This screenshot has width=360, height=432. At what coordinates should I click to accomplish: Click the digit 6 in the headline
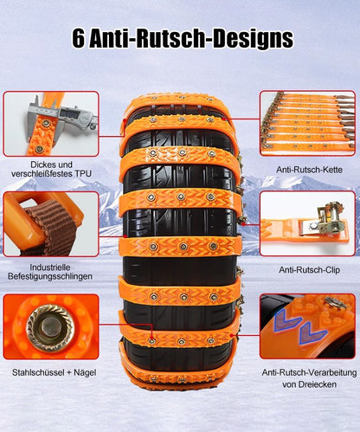coord(79,38)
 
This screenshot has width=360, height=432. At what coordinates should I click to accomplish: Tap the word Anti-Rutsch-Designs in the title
coord(191,39)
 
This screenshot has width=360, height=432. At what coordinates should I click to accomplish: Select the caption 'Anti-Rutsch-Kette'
coord(310,170)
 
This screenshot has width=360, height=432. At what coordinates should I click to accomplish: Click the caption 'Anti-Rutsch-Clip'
coord(310,270)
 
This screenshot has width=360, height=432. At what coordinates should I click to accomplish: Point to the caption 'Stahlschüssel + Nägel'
coord(55,372)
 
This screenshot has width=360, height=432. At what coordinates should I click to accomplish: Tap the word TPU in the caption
coord(83,174)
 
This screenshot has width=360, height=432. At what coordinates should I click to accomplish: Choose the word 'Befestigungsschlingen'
coord(50,276)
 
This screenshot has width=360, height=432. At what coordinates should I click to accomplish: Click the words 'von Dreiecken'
coord(309,384)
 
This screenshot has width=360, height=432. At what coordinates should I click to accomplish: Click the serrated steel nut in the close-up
coord(50,326)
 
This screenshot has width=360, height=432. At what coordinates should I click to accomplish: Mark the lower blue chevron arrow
coord(312,332)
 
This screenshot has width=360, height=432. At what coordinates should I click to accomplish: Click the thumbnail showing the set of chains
coord(307,124)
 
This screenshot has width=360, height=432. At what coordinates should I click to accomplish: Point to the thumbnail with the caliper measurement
coord(51,124)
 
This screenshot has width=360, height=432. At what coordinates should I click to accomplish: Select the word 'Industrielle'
coord(50,268)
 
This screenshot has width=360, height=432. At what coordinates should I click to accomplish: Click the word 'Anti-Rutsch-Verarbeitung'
coord(309,372)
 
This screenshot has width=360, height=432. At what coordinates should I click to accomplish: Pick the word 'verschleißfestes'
coord(42,174)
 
